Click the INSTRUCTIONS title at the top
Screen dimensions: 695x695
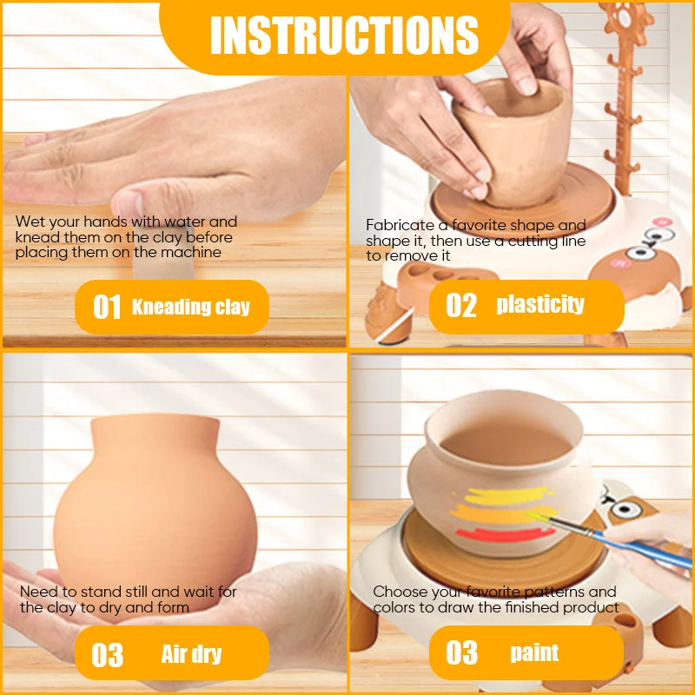344,36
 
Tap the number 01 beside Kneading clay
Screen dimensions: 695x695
107,307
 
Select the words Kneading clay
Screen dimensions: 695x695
191,307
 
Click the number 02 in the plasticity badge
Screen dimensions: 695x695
461,306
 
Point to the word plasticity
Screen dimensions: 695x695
540,305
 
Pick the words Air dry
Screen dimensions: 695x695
191,654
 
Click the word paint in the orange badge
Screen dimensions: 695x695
534,653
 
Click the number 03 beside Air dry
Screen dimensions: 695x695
107,655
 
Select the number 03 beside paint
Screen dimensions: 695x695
461,653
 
